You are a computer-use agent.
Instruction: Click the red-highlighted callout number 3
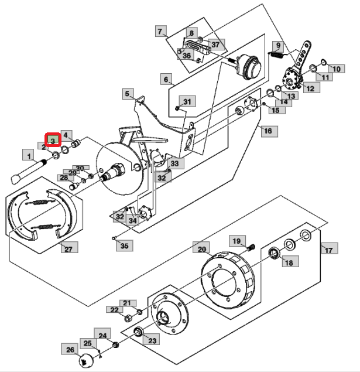[x=53, y=140]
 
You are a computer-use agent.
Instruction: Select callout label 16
[x=269, y=131]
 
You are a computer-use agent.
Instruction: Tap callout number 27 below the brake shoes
[x=70, y=247]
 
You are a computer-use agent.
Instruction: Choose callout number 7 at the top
[x=161, y=31]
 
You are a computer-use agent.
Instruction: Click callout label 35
[x=125, y=245]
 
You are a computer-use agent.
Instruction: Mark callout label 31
[x=187, y=101]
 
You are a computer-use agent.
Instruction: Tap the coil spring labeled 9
[x=276, y=55]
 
